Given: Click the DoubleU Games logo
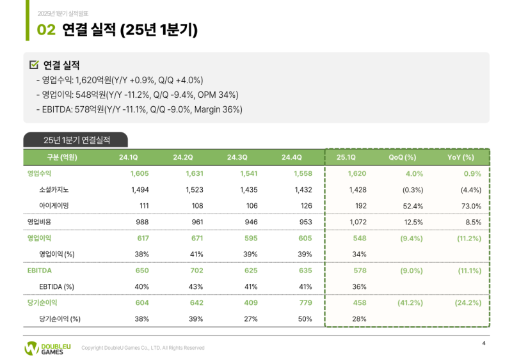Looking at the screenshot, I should click(47, 348).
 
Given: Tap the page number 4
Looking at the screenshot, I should click(483, 344).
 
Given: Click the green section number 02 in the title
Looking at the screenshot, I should click(45, 29).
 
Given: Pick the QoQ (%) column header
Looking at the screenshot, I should click(403, 157).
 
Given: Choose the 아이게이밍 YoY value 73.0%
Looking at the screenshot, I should click(470, 206).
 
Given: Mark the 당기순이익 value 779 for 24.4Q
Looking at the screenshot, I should click(304, 302).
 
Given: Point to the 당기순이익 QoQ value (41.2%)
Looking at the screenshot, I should click(410, 302).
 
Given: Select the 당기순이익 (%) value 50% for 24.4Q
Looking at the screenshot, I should click(305, 318).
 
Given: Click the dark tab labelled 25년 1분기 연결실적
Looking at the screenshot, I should click(76, 139).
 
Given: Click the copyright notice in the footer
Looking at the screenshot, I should click(143, 348).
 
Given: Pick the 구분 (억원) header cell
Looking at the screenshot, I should click(62, 157).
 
